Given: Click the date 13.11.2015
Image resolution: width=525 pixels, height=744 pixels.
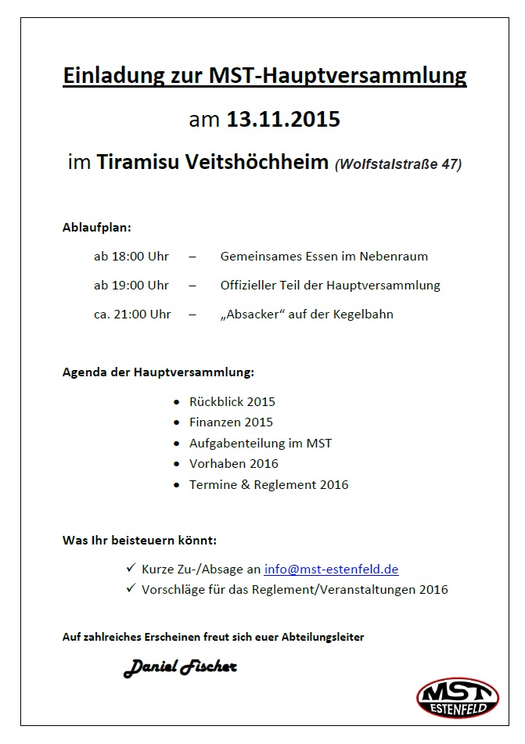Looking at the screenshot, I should (x=283, y=120).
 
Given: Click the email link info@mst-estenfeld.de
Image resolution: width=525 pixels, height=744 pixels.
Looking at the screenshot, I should (x=332, y=570).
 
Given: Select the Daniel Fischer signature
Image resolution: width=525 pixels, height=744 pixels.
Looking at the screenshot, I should (x=180, y=667).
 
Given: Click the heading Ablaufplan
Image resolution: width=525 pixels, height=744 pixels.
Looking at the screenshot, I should (x=97, y=228).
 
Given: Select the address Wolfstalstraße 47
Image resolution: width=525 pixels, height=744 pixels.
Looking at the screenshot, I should (x=398, y=164).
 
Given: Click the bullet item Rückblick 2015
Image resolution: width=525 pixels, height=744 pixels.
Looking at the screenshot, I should (x=232, y=402).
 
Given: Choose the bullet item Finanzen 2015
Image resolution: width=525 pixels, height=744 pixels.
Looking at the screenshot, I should (x=231, y=422).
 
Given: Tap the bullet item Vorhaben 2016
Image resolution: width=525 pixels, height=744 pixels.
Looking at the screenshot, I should (x=234, y=463).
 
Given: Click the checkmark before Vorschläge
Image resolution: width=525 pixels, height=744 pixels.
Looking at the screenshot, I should (x=130, y=588).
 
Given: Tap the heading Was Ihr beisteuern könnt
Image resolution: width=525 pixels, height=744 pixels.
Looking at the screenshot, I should (x=139, y=541).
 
